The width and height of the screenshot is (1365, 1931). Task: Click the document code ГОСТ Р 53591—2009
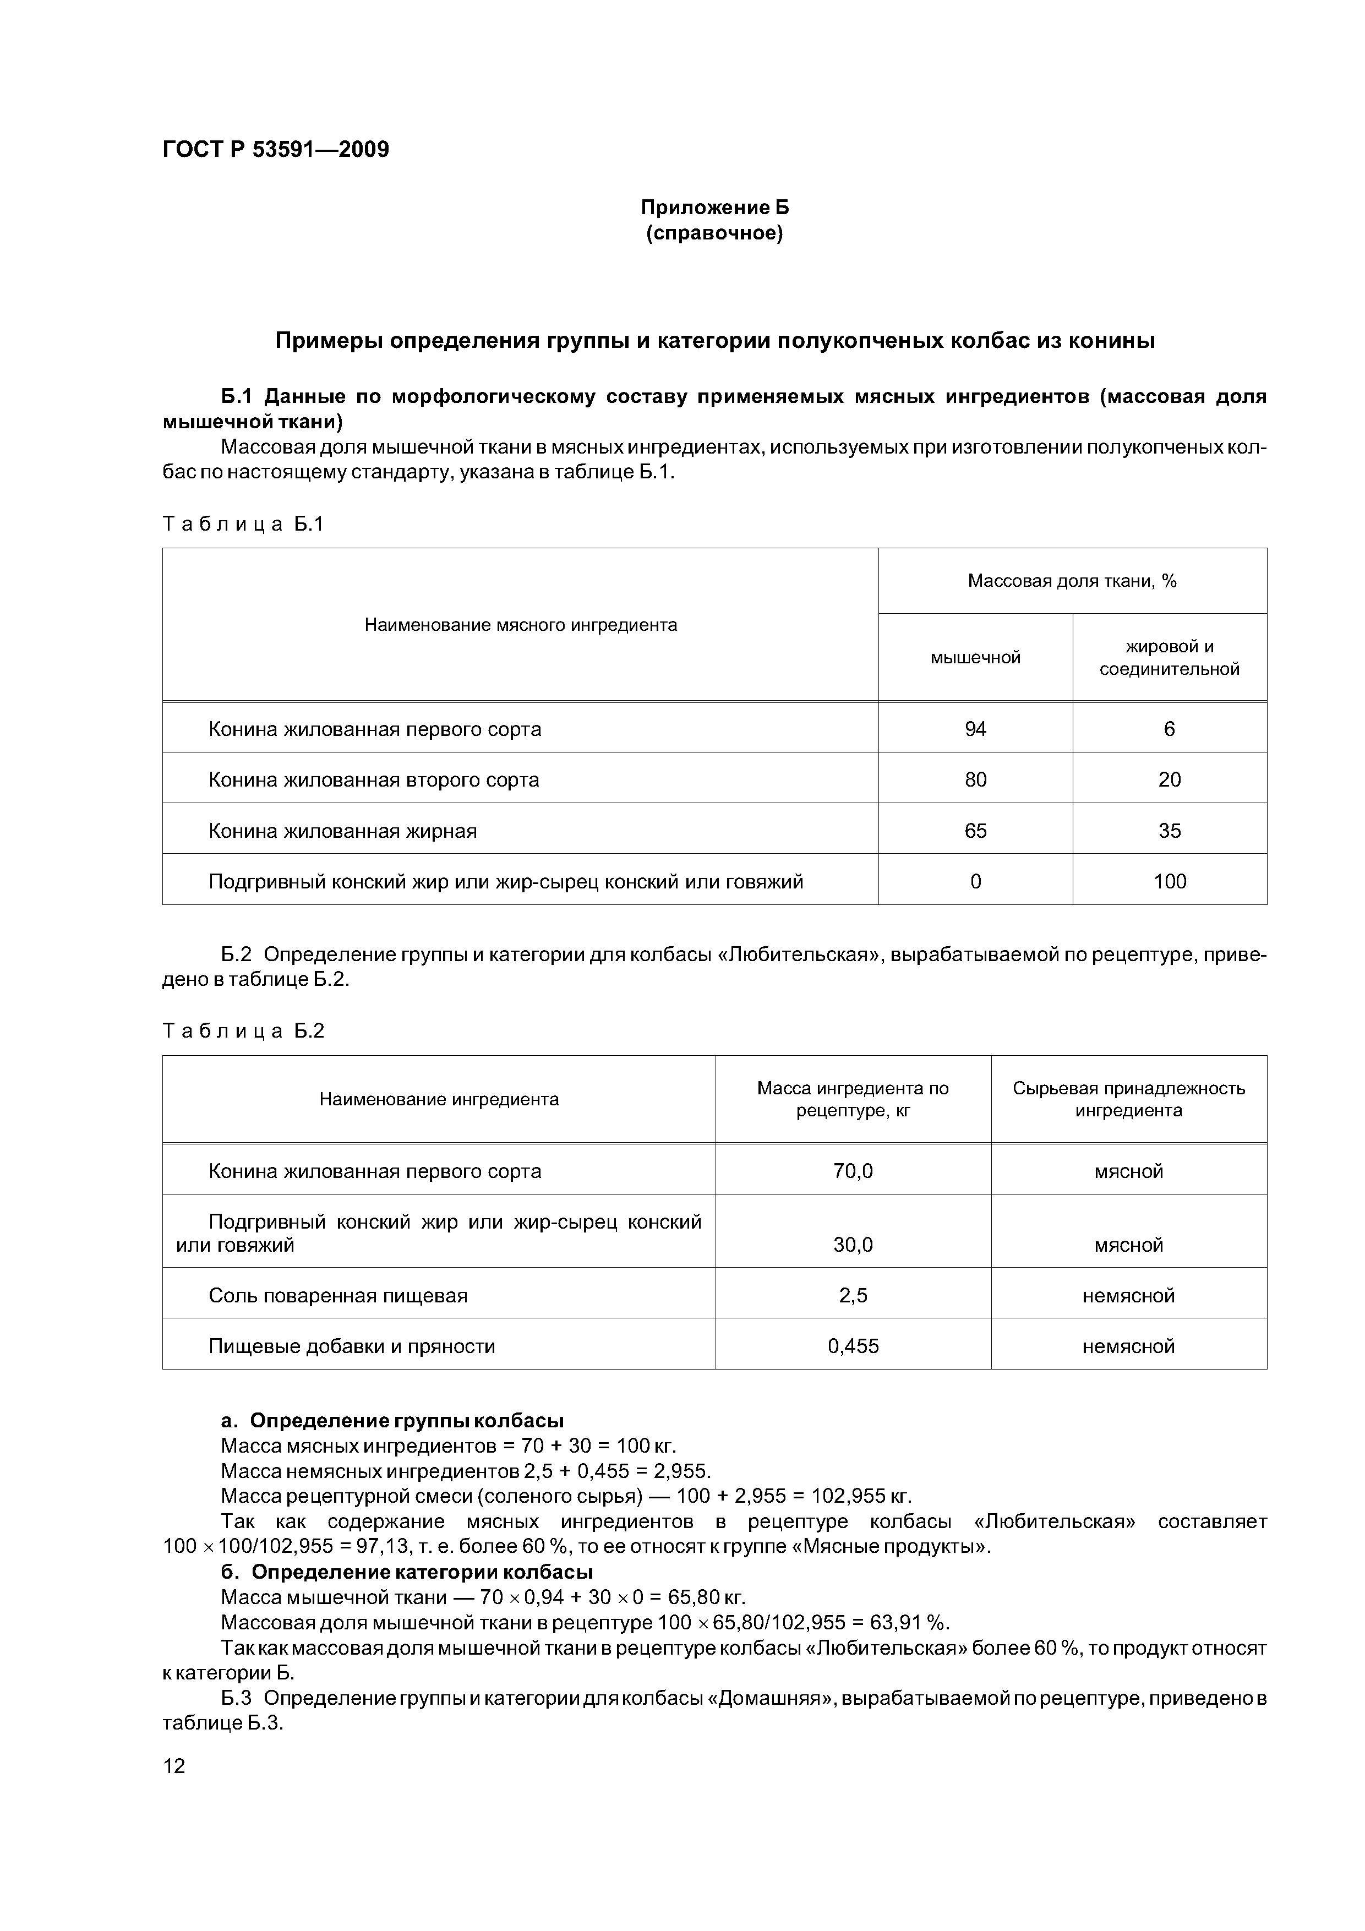275,150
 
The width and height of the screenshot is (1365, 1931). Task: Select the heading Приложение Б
714,207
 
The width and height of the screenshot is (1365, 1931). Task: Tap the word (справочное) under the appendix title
714,233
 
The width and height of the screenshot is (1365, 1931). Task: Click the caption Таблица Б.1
243,524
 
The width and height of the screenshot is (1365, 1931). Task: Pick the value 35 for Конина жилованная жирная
1169,831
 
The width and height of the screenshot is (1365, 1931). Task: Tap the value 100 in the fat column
1169,881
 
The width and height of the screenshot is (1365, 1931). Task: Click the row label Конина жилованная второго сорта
373,779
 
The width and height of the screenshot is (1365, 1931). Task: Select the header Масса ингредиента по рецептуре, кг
853,1099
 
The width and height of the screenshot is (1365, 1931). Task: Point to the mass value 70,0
853,1171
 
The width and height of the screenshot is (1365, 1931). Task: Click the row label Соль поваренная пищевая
337,1295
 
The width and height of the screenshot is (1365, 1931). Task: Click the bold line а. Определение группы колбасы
392,1421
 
